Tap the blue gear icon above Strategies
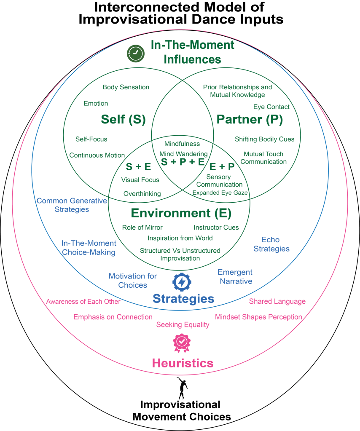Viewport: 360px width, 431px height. [182, 281]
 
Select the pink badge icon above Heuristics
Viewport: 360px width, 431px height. [182, 343]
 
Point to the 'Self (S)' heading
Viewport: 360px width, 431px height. [123, 120]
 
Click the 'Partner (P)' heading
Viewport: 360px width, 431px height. [250, 120]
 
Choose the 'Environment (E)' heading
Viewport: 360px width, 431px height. [181, 213]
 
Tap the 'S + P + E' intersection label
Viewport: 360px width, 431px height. [183, 162]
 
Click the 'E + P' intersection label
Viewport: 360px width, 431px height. [222, 166]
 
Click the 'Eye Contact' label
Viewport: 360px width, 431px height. [271, 107]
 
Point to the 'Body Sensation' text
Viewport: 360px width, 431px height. [126, 87]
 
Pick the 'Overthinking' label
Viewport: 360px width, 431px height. [142, 194]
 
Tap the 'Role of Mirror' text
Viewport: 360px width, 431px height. [142, 228]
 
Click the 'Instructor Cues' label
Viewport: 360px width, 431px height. [216, 228]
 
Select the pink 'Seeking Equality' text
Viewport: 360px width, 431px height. [183, 325]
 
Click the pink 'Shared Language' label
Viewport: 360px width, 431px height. [277, 302]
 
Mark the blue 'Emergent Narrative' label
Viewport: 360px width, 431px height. [235, 276]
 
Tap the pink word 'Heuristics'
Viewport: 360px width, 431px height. [183, 362]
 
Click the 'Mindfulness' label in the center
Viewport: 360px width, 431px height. [182, 144]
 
